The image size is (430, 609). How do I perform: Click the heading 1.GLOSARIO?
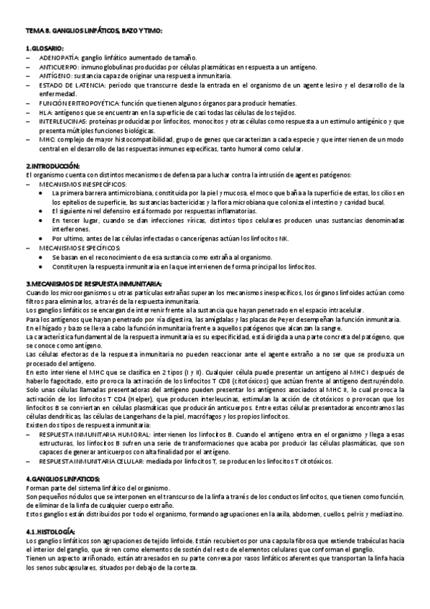(x=45, y=48)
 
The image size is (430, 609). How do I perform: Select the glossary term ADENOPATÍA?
(x=60, y=57)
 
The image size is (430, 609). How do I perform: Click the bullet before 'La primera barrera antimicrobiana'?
(x=44, y=193)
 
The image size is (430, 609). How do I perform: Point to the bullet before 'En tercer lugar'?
(x=44, y=220)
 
